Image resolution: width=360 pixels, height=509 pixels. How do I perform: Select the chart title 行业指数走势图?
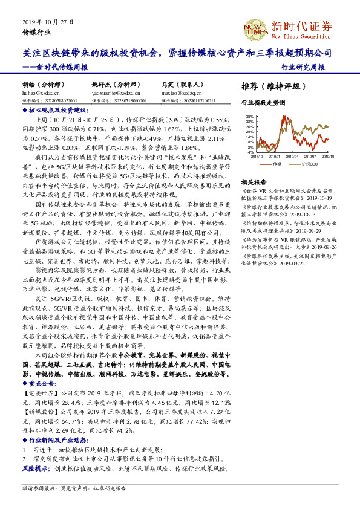(x=263, y=103)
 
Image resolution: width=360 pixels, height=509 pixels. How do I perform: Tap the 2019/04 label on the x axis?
(x=283, y=156)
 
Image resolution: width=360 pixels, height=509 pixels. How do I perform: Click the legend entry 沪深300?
(x=310, y=164)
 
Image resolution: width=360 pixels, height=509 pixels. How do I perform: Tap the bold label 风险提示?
(x=34, y=468)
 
